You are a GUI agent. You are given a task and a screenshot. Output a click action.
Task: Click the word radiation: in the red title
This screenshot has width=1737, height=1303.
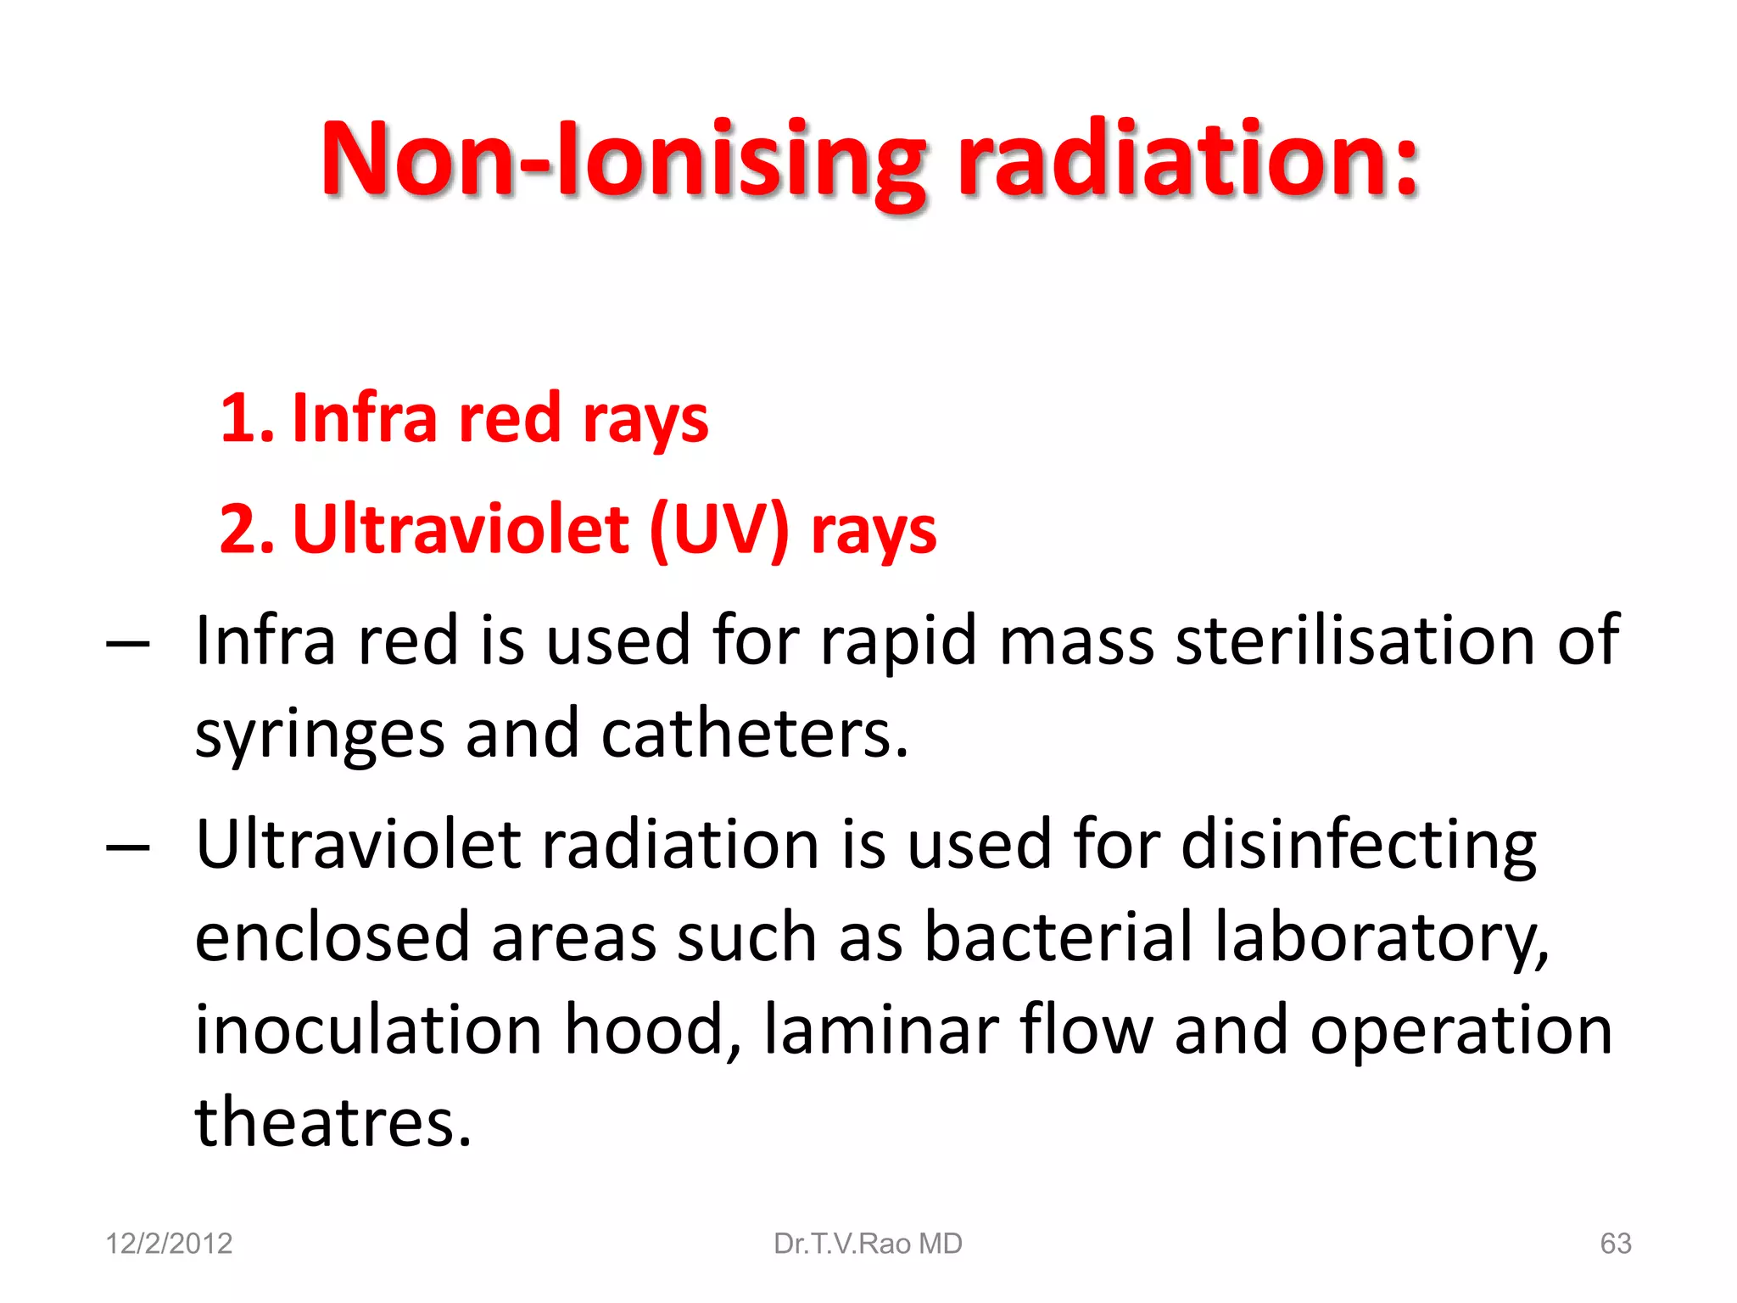1187,159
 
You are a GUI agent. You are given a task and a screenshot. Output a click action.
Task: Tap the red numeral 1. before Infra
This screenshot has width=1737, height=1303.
246,419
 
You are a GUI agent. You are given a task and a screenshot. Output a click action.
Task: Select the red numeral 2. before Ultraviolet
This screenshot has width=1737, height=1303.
246,530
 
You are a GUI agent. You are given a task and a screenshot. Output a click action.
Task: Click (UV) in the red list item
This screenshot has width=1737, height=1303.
719,530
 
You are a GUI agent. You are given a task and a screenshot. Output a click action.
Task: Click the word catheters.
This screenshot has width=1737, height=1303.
755,734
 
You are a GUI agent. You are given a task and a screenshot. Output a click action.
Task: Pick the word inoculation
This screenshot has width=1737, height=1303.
368,1030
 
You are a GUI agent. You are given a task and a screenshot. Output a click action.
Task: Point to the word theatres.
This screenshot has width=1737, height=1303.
332,1122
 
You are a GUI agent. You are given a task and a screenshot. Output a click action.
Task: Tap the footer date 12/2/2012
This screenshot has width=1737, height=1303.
168,1244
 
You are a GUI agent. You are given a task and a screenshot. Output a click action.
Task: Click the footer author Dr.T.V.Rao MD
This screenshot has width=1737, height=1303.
868,1244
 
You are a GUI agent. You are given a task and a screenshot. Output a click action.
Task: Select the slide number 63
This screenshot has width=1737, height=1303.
1615,1244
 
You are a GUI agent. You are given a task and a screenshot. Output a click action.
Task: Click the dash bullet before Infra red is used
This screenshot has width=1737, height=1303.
128,645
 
